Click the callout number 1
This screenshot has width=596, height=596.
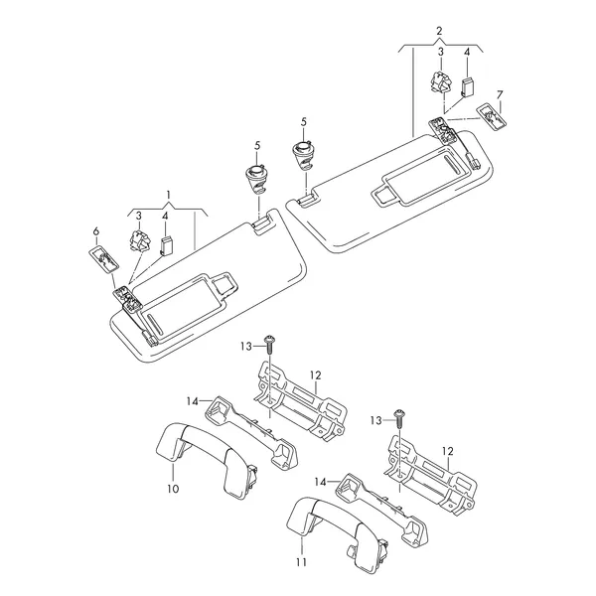[168, 196]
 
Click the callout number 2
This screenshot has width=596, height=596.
[439, 31]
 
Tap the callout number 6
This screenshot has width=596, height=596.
[96, 231]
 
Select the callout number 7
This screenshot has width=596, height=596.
[500, 94]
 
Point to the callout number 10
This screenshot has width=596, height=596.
[173, 489]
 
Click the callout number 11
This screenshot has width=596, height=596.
[301, 562]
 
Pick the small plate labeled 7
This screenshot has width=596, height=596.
[492, 116]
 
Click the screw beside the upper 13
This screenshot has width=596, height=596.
[269, 344]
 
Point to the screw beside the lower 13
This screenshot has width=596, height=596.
[399, 418]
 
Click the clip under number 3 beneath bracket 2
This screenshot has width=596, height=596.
[441, 82]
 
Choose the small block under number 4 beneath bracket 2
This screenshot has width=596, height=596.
[467, 86]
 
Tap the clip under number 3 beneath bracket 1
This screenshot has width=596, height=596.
[139, 241]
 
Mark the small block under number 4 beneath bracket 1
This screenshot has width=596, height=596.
[166, 246]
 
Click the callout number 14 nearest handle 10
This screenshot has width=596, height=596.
[193, 401]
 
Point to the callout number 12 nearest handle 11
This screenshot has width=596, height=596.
[448, 452]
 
